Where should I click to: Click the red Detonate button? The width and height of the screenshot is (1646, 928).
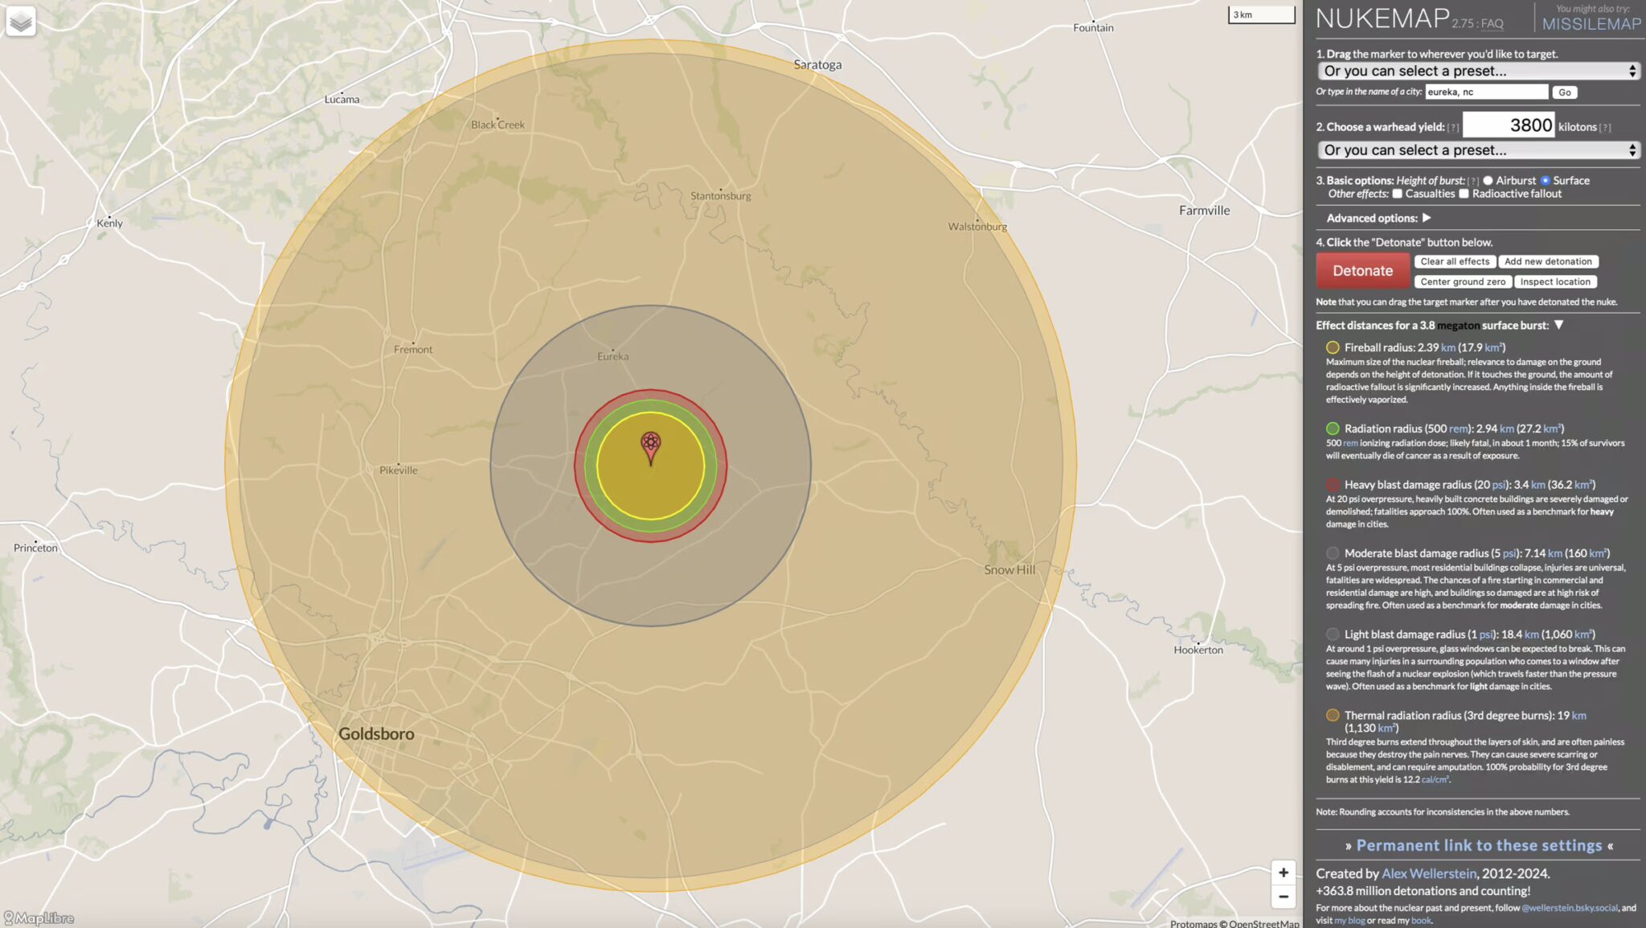[1362, 271]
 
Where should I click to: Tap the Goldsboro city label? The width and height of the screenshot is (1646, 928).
[376, 733]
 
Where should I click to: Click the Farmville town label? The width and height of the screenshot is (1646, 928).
[1204, 211]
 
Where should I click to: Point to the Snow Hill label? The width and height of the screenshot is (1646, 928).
[1009, 569]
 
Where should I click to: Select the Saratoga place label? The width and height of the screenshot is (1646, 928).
[817, 64]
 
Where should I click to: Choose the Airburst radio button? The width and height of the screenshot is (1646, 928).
[1488, 181]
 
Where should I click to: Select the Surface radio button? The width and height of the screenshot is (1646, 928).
[1545, 181]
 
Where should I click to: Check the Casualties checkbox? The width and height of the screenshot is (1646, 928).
[1397, 194]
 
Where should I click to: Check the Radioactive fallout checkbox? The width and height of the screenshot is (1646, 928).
[1464, 194]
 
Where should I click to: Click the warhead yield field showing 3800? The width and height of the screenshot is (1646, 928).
[1508, 125]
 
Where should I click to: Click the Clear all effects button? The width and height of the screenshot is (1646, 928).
[1455, 261]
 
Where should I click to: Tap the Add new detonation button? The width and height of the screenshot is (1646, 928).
[1548, 261]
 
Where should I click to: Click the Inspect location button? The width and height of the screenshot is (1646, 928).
[1555, 282]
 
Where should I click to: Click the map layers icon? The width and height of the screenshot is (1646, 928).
[21, 21]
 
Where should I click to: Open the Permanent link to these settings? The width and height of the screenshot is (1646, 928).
[1479, 845]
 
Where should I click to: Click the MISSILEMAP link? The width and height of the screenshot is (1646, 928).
[1591, 24]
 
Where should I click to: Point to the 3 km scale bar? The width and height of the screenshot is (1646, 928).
[1261, 15]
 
